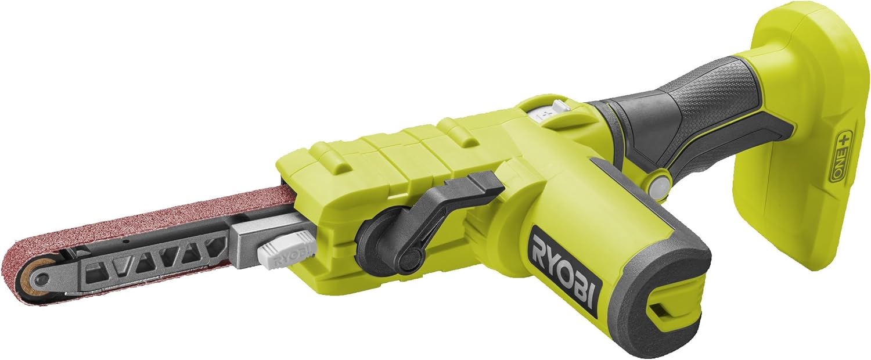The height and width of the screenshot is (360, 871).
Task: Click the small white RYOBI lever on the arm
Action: coord(285,251)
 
